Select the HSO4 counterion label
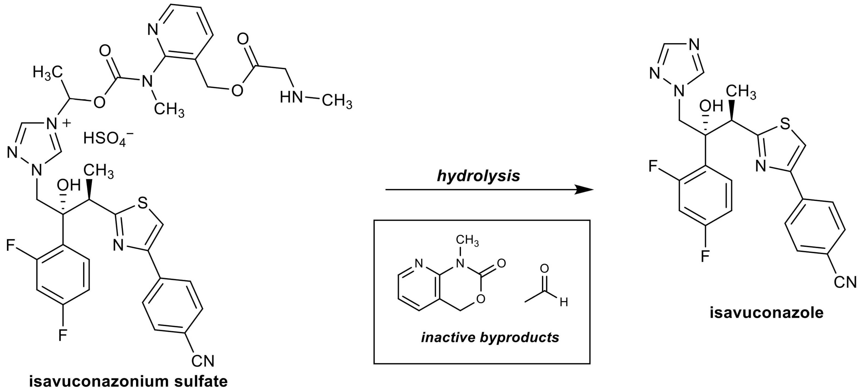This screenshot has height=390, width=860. point(106,138)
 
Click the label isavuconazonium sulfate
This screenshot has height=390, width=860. point(128,381)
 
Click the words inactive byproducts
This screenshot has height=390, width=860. point(490,338)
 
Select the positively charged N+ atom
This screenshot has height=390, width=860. point(51,124)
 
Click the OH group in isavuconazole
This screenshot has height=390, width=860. point(711,106)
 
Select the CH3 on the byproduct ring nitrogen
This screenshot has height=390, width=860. point(467,241)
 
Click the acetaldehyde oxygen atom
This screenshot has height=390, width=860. point(545,268)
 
